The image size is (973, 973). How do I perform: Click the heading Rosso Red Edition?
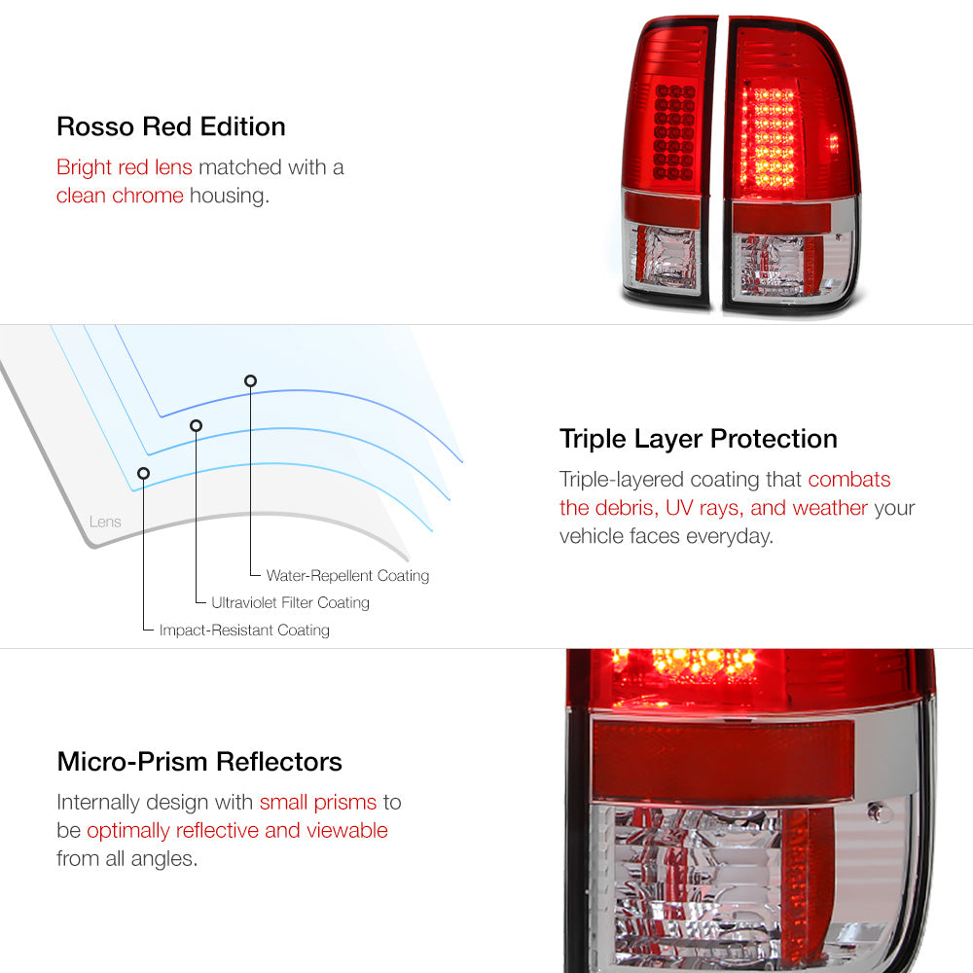[x=171, y=126]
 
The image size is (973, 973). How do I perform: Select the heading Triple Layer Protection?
[x=698, y=440]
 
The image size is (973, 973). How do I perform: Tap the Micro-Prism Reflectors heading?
[x=199, y=762]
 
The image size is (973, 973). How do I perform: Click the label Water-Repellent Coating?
[x=347, y=576]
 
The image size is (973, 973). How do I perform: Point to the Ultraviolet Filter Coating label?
[x=290, y=602]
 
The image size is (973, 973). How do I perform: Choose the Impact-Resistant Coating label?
[x=244, y=630]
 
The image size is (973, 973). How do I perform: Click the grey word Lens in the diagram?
[x=105, y=522]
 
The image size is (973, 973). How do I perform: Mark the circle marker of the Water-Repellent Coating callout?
[x=250, y=380]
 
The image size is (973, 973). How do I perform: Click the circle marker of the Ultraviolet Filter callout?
[x=197, y=425]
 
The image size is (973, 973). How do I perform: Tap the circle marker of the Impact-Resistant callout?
[x=143, y=474]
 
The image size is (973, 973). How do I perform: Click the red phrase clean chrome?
[x=120, y=196]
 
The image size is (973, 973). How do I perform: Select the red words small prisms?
[x=318, y=803]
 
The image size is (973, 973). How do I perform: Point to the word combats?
[x=848, y=479]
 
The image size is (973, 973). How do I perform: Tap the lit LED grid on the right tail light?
[x=769, y=138]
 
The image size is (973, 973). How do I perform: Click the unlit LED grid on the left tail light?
[x=674, y=132]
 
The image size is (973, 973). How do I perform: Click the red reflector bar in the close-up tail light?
[x=723, y=759]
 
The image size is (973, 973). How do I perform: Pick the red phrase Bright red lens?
[x=125, y=167]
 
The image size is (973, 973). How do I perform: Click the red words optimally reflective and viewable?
[x=237, y=830]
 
